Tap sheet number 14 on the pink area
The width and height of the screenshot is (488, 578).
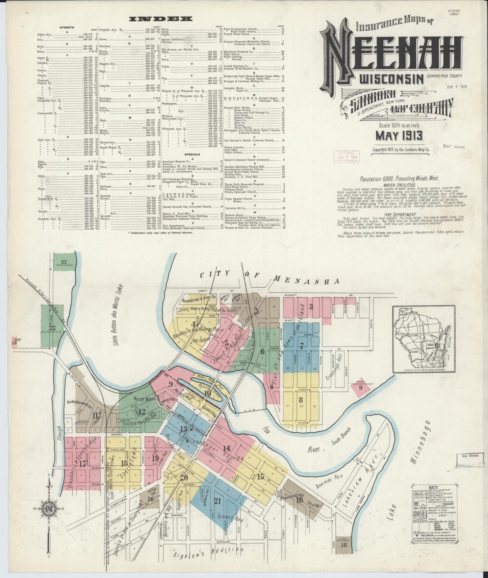(x=226, y=448)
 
